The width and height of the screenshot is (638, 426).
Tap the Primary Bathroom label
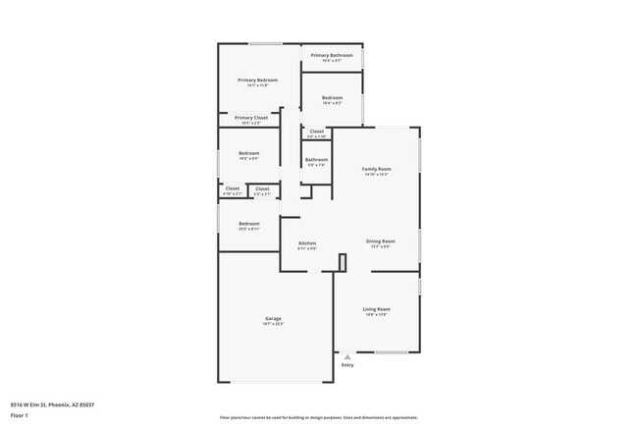point(332,56)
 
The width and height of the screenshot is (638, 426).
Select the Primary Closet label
point(250,118)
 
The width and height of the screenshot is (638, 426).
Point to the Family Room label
point(376,170)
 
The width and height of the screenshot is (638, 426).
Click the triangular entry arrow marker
point(346,357)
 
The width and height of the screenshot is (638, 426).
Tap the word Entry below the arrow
point(346,365)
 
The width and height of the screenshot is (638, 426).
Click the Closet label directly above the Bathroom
point(316,132)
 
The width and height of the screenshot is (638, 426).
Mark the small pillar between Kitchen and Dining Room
point(342,261)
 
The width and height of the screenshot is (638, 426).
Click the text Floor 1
point(20,415)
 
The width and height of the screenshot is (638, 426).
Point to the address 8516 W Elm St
point(53,404)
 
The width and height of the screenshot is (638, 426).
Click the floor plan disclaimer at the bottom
point(318,416)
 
